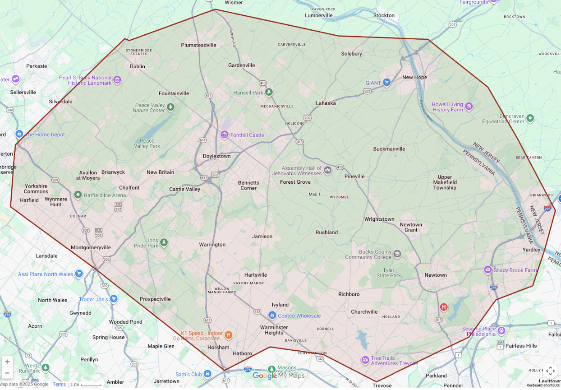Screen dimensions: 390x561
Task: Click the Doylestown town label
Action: [x=216, y=156]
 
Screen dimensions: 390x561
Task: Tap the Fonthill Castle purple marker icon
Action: [x=224, y=135]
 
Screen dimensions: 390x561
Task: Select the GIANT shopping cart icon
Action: [x=386, y=83]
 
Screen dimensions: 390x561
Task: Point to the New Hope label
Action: [x=414, y=77]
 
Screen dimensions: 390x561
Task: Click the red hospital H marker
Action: [x=444, y=307]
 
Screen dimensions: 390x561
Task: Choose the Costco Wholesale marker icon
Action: [x=272, y=316]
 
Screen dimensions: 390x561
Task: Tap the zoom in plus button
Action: [x=7, y=362]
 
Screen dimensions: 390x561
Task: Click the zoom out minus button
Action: [x=7, y=373]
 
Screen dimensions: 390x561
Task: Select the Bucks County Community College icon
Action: [x=397, y=254]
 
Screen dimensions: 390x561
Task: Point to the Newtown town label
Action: [x=435, y=275]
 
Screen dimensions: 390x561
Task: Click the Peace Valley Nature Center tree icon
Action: [x=170, y=107]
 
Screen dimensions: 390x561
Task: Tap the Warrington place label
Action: [x=212, y=245]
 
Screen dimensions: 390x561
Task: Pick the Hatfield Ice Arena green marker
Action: [x=78, y=195]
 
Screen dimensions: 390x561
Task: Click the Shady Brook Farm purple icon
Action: [x=487, y=270]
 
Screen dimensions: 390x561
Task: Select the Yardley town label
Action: [x=531, y=250]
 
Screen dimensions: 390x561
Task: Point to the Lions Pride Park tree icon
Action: [x=164, y=243]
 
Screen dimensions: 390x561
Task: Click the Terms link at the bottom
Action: [x=59, y=385]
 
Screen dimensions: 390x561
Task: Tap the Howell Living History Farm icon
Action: [x=469, y=107]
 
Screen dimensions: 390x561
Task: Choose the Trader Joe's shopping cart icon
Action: [x=113, y=299]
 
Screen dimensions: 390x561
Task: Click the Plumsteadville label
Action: [x=198, y=45]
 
